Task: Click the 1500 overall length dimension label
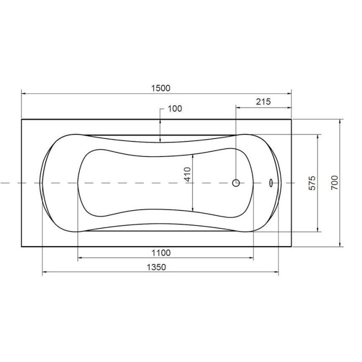tap(160, 88)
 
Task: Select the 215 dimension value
tap(263, 101)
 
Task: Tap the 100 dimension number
tap(175, 108)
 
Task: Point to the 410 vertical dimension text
tap(187, 174)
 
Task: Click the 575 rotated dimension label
tap(312, 183)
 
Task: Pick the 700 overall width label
tap(334, 182)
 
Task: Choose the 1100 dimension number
tap(161, 253)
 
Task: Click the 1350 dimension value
tap(156, 267)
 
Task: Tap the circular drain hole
tap(236, 183)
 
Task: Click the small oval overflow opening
tap(270, 183)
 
